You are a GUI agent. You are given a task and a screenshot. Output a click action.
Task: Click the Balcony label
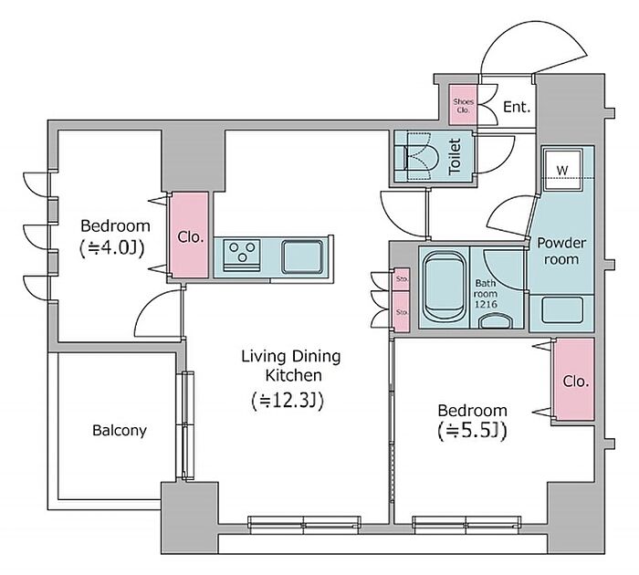pos(120,430)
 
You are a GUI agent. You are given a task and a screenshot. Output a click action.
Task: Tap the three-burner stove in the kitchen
pos(242,256)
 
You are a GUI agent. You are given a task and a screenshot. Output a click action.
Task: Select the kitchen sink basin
pos(302,256)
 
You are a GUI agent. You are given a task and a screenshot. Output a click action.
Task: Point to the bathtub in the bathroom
pos(445,287)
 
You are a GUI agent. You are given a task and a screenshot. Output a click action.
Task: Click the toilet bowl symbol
pos(421,156)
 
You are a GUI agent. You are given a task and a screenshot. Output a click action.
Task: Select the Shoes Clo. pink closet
pos(463,105)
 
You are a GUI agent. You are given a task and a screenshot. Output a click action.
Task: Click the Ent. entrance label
pos(517,107)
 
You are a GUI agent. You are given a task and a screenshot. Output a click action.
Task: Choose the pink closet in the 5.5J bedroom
pos(574,380)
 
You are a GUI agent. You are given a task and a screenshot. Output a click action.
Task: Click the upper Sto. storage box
pos(402,279)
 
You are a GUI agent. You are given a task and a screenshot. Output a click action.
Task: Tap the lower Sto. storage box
pos(402,312)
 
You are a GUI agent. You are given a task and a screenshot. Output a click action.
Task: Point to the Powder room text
pos(561,251)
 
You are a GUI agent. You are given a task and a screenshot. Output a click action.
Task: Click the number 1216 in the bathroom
pos(486,304)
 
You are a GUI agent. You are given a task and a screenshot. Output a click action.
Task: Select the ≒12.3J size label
pos(288,401)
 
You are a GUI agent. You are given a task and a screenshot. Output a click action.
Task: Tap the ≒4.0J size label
pos(111,248)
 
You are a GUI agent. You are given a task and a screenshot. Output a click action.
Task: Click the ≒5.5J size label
pos(472,432)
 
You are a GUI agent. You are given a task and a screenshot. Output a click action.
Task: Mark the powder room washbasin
pos(562,310)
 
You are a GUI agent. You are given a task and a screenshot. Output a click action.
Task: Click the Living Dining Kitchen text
pos(291,366)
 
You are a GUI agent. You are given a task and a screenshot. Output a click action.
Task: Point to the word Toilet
pos(455,157)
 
